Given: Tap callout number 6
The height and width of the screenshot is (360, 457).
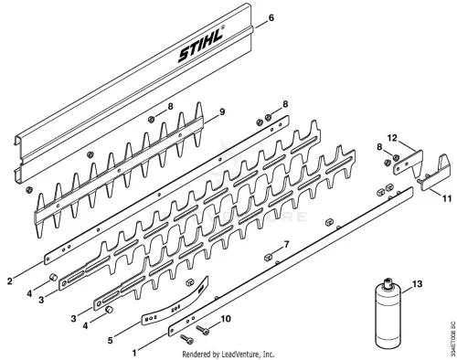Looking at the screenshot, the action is click(x=271, y=17).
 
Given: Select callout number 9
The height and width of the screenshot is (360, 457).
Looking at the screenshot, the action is click(x=222, y=111).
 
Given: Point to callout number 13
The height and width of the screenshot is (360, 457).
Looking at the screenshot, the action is click(x=417, y=284).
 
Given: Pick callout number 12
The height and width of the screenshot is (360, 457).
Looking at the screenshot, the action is click(x=392, y=138).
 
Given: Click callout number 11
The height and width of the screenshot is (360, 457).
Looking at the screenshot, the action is click(x=447, y=198).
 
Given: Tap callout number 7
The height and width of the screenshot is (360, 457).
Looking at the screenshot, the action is click(x=286, y=244).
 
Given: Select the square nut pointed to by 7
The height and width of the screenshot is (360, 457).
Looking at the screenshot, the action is click(x=268, y=258).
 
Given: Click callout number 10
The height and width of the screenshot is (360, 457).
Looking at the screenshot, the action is click(x=226, y=319).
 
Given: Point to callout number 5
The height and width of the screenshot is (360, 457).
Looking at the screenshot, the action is click(x=110, y=340).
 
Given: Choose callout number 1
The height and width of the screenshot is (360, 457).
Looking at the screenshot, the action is click(x=134, y=353).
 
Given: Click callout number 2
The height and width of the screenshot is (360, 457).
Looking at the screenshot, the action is click(x=10, y=281).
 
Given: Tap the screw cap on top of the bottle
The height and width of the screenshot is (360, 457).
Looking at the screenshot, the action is click(x=388, y=281).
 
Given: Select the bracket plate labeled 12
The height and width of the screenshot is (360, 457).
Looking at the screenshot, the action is click(x=409, y=163).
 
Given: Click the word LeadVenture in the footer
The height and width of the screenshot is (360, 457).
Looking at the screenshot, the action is click(x=241, y=355).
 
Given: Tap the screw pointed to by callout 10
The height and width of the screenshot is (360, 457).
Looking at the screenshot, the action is click(x=202, y=330).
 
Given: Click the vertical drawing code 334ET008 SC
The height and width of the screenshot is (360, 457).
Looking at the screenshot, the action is click(x=452, y=337).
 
